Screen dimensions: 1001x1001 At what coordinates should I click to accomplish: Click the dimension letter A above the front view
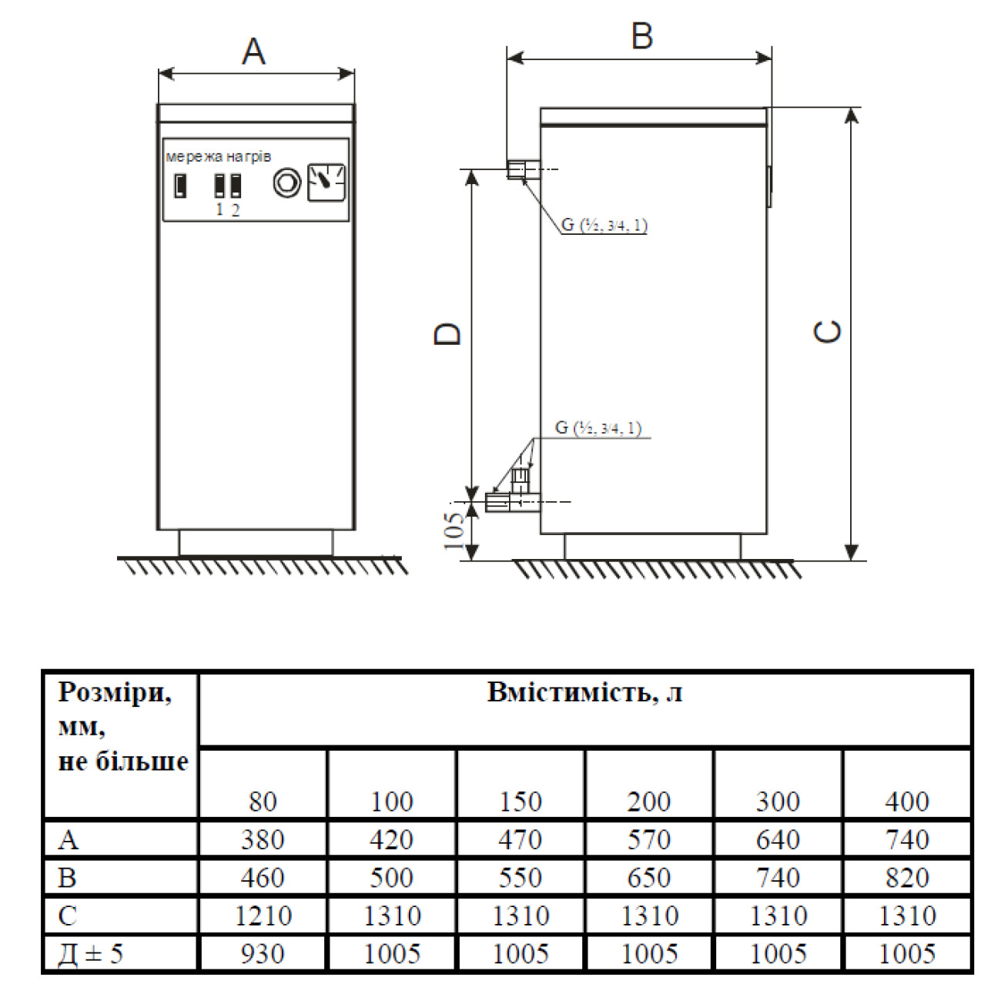coord(253,52)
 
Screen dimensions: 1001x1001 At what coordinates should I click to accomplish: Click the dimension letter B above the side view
coord(642,36)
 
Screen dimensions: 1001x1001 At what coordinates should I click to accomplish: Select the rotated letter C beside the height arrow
coord(827,331)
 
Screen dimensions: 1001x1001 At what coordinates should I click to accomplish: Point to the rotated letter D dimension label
coord(447,333)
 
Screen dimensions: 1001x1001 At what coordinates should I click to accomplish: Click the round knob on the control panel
coord(286,182)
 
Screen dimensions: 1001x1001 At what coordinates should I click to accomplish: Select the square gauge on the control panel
coord(326,182)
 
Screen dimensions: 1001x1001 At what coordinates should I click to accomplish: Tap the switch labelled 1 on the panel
coord(219,186)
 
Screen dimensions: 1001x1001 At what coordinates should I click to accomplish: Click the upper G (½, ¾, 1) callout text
coord(604,225)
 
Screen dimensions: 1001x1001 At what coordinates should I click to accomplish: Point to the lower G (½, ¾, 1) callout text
coord(598,428)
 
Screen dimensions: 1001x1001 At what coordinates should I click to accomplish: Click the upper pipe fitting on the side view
coord(524,169)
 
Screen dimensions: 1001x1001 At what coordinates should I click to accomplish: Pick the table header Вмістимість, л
coord(584,692)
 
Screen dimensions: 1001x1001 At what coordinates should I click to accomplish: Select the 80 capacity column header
coord(263,802)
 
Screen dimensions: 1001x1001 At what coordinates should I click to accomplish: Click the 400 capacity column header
coord(907,802)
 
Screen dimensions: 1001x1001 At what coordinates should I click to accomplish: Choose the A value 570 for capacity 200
coord(649,839)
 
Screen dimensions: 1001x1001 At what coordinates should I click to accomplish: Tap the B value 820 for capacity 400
coord(907,877)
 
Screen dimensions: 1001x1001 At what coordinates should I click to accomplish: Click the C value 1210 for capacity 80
coord(263,916)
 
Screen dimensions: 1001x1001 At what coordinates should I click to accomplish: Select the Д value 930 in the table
coord(263,953)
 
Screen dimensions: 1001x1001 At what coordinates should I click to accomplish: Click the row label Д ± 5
coord(90,953)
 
